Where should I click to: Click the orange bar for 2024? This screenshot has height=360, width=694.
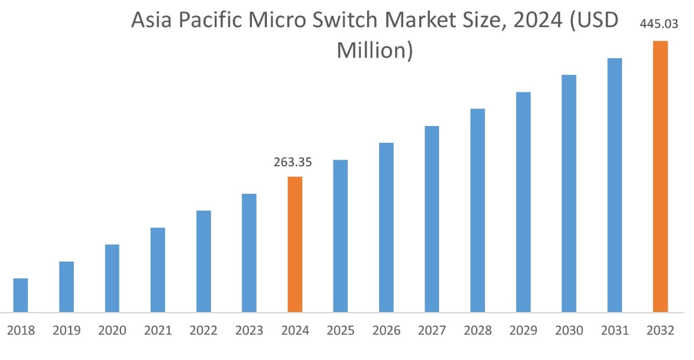295,244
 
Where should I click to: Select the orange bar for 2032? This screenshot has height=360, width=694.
660,176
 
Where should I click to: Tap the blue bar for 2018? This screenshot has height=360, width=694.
20,295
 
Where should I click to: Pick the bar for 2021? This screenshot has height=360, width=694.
158,270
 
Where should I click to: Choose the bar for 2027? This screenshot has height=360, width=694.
432,219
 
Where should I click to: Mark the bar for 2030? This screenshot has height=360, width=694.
569,193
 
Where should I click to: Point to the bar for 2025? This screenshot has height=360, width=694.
340,236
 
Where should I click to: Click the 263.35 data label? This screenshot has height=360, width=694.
293,163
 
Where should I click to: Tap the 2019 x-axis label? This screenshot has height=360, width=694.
66,331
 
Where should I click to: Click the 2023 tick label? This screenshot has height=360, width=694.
249,331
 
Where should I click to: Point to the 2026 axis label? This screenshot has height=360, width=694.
386,331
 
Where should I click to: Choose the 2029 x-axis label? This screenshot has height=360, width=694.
523,331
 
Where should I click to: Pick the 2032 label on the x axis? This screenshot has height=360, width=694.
660,331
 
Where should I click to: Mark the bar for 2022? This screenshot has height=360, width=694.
203,262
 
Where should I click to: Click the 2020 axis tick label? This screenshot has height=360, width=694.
112,331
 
